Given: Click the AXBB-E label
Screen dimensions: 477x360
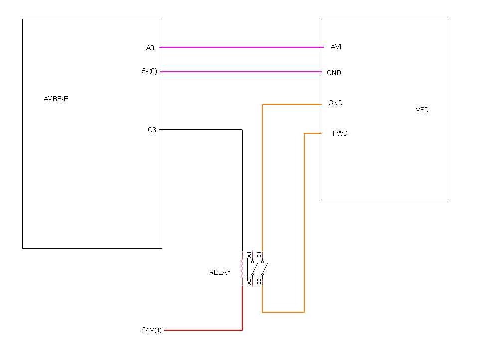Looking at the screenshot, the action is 56,99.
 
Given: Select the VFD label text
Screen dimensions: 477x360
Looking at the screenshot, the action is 422,110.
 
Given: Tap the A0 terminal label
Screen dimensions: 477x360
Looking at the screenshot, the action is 150,48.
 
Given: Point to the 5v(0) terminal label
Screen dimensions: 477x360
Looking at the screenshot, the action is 149,71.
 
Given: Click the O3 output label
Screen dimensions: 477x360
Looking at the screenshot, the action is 152,130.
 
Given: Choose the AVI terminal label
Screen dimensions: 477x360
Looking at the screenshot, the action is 336,47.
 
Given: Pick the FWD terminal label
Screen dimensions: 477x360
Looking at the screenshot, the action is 340,133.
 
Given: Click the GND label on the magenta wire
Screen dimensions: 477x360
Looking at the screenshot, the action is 334,73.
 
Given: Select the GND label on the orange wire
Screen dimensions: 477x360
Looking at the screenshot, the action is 335,103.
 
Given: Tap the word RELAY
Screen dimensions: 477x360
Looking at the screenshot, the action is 220,272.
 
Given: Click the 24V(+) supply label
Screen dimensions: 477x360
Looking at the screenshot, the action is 152,330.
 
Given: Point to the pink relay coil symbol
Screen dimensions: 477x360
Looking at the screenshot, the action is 242,269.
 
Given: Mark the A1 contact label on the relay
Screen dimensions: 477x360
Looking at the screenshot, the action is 249,255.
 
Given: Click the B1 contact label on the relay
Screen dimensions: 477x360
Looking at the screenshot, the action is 259,255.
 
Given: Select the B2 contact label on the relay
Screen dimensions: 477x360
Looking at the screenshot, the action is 259,282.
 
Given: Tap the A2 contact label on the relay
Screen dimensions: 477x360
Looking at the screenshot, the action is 249,282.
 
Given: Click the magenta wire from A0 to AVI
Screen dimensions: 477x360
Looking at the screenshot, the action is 242,47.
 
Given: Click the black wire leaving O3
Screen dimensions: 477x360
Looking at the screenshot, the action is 242,130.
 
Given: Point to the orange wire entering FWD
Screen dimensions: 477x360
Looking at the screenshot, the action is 304,222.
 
